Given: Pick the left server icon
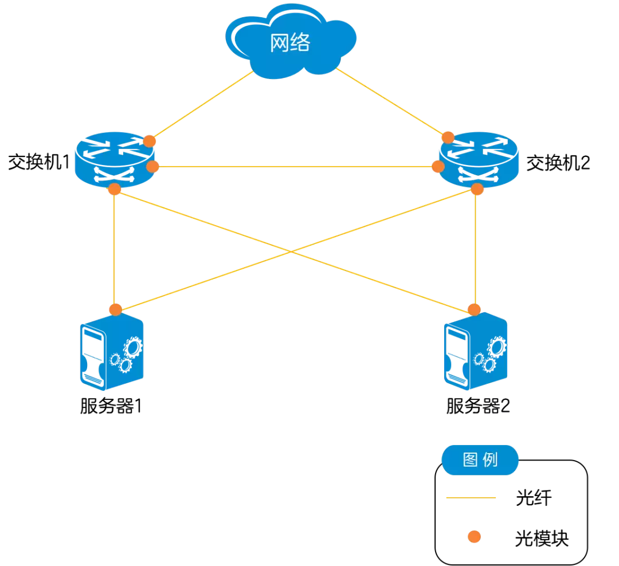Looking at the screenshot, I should (x=111, y=352).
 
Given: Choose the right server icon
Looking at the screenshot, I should (x=476, y=352).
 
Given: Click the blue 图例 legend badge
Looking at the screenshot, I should (x=480, y=460).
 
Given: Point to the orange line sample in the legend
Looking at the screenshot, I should (x=471, y=498).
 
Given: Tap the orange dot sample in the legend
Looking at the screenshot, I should (x=474, y=537).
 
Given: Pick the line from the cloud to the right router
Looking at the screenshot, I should (x=390, y=102).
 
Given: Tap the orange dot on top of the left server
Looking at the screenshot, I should (x=116, y=309).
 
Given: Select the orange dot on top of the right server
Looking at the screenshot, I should (x=474, y=310).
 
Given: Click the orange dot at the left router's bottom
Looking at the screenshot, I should (x=115, y=189).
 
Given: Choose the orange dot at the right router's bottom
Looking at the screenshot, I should (x=477, y=189).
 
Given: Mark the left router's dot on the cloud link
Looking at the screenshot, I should (x=149, y=141).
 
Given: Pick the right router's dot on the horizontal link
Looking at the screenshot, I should (x=438, y=167).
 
